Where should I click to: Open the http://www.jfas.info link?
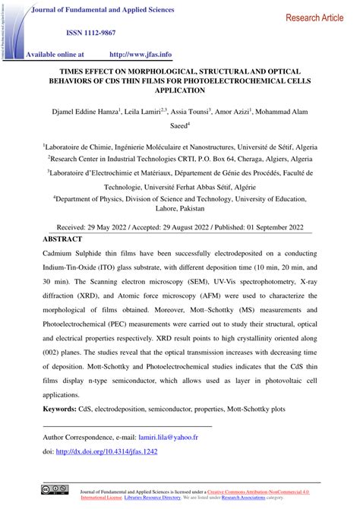click(141, 55)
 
